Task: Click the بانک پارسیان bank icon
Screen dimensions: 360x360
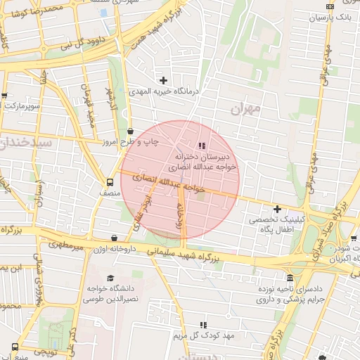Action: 330,6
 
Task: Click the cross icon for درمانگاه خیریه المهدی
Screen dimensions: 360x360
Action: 165,80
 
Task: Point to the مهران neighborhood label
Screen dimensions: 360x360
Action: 245,109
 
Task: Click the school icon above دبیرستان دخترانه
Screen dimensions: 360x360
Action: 202,146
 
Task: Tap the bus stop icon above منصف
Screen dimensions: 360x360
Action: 110,181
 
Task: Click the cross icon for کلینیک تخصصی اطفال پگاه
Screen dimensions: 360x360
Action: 278,209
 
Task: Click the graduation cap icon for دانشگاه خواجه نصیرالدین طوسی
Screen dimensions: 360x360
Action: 110,278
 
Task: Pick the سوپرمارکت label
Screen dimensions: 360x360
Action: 20,105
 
